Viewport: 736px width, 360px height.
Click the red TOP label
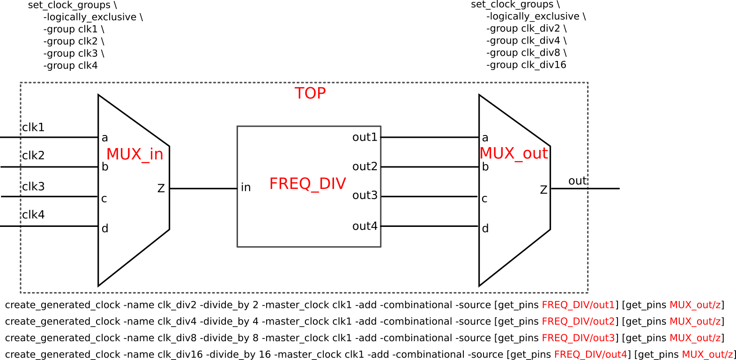click(x=310, y=93)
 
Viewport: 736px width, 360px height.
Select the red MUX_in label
click(x=134, y=154)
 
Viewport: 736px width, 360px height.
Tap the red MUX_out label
click(x=513, y=153)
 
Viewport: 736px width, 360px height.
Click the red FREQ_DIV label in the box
click(x=307, y=183)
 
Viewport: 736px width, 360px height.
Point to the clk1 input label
click(x=33, y=127)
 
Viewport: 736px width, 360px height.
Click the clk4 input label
click(x=33, y=215)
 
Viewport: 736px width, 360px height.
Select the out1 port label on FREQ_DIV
click(x=364, y=137)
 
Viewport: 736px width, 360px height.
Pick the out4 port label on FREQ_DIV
click(x=364, y=226)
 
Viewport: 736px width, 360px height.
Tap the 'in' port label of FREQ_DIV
click(x=246, y=187)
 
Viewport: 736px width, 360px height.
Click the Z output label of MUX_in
click(x=161, y=188)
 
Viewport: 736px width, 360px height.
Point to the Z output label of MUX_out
click(x=543, y=190)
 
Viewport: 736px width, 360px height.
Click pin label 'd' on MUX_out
click(x=485, y=228)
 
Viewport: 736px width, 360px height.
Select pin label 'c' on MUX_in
click(x=104, y=199)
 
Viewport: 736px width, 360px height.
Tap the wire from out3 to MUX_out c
click(x=429, y=196)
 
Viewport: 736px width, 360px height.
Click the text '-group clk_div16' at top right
click(x=526, y=65)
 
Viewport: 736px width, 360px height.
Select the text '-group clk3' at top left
click(x=74, y=53)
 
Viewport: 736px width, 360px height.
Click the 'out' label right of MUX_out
click(x=577, y=181)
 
